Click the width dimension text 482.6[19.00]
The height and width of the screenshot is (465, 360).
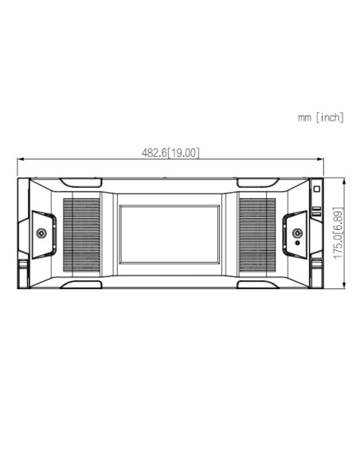tap(170, 152)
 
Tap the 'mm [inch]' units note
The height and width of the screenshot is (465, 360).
tap(320, 118)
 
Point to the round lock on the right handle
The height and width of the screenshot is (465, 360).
tap(296, 233)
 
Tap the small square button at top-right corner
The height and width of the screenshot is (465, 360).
tap(316, 191)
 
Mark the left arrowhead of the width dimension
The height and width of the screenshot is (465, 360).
tap(20, 158)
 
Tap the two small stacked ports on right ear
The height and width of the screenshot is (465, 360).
tap(316, 213)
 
